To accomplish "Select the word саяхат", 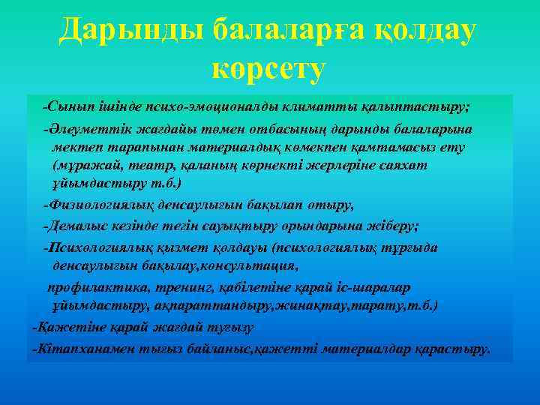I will pyautogui.click(x=403, y=164).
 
